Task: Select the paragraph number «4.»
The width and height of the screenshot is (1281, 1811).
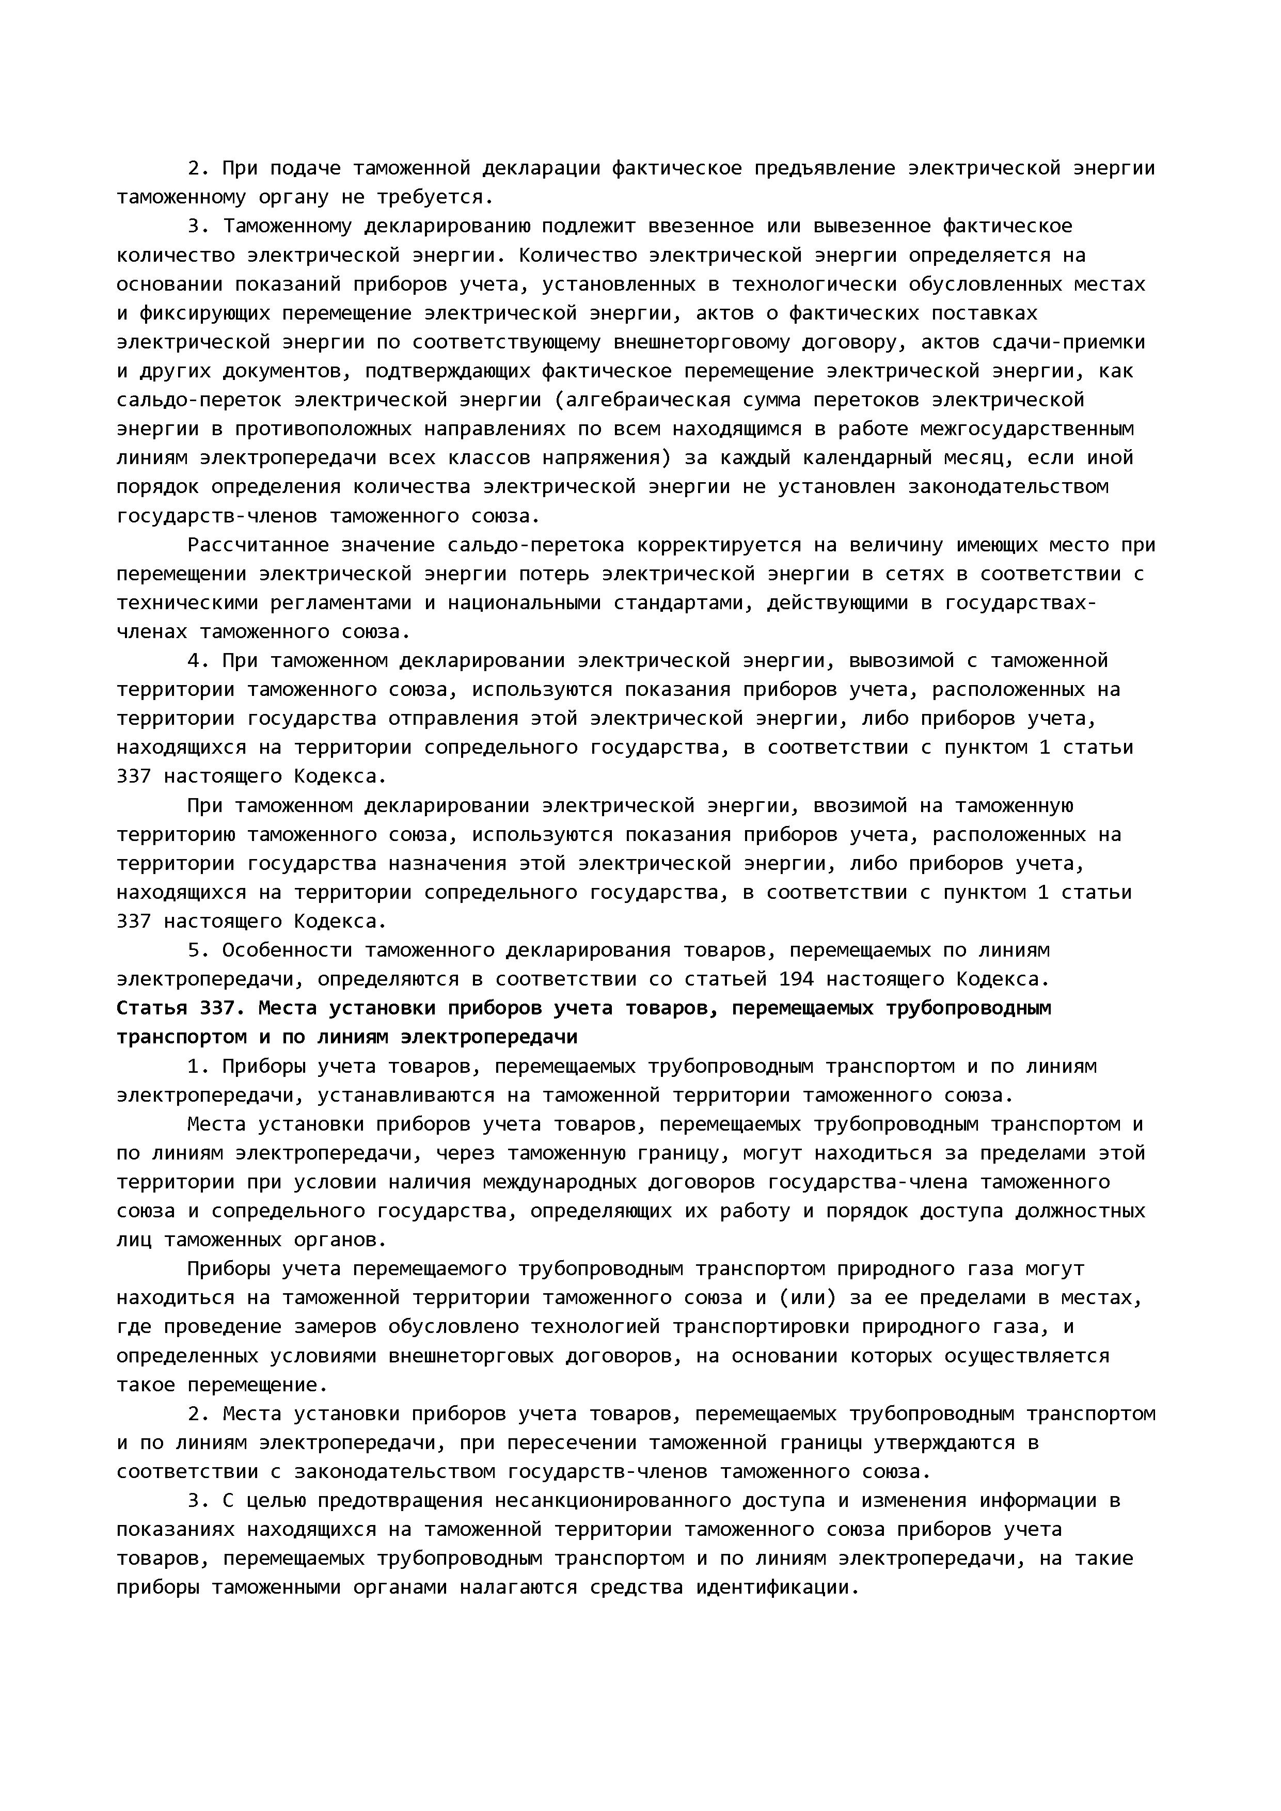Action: click(x=198, y=660)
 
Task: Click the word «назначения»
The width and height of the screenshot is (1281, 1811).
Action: click(x=447, y=864)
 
